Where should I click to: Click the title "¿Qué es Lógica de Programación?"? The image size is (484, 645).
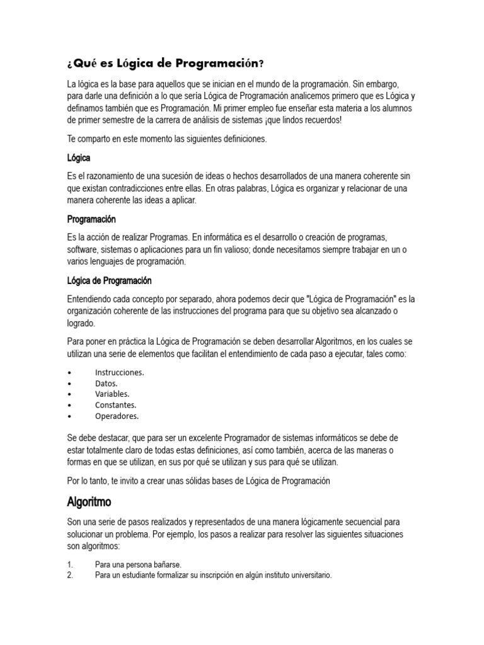(x=165, y=64)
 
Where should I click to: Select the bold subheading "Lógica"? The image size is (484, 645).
(x=79, y=157)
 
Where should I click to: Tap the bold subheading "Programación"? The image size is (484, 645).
(x=91, y=219)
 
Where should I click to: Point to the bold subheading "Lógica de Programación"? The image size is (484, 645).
(x=109, y=280)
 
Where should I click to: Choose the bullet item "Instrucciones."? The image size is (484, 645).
(x=120, y=372)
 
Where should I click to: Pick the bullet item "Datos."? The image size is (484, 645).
(x=107, y=383)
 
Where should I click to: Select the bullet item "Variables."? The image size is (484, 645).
(x=112, y=394)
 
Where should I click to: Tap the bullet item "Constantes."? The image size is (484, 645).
(x=116, y=405)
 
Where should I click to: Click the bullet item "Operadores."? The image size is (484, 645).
(x=117, y=416)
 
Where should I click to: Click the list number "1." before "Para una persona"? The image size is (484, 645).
(x=70, y=565)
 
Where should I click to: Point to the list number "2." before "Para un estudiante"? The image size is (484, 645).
(x=70, y=575)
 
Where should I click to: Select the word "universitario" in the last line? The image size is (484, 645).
(x=308, y=575)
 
